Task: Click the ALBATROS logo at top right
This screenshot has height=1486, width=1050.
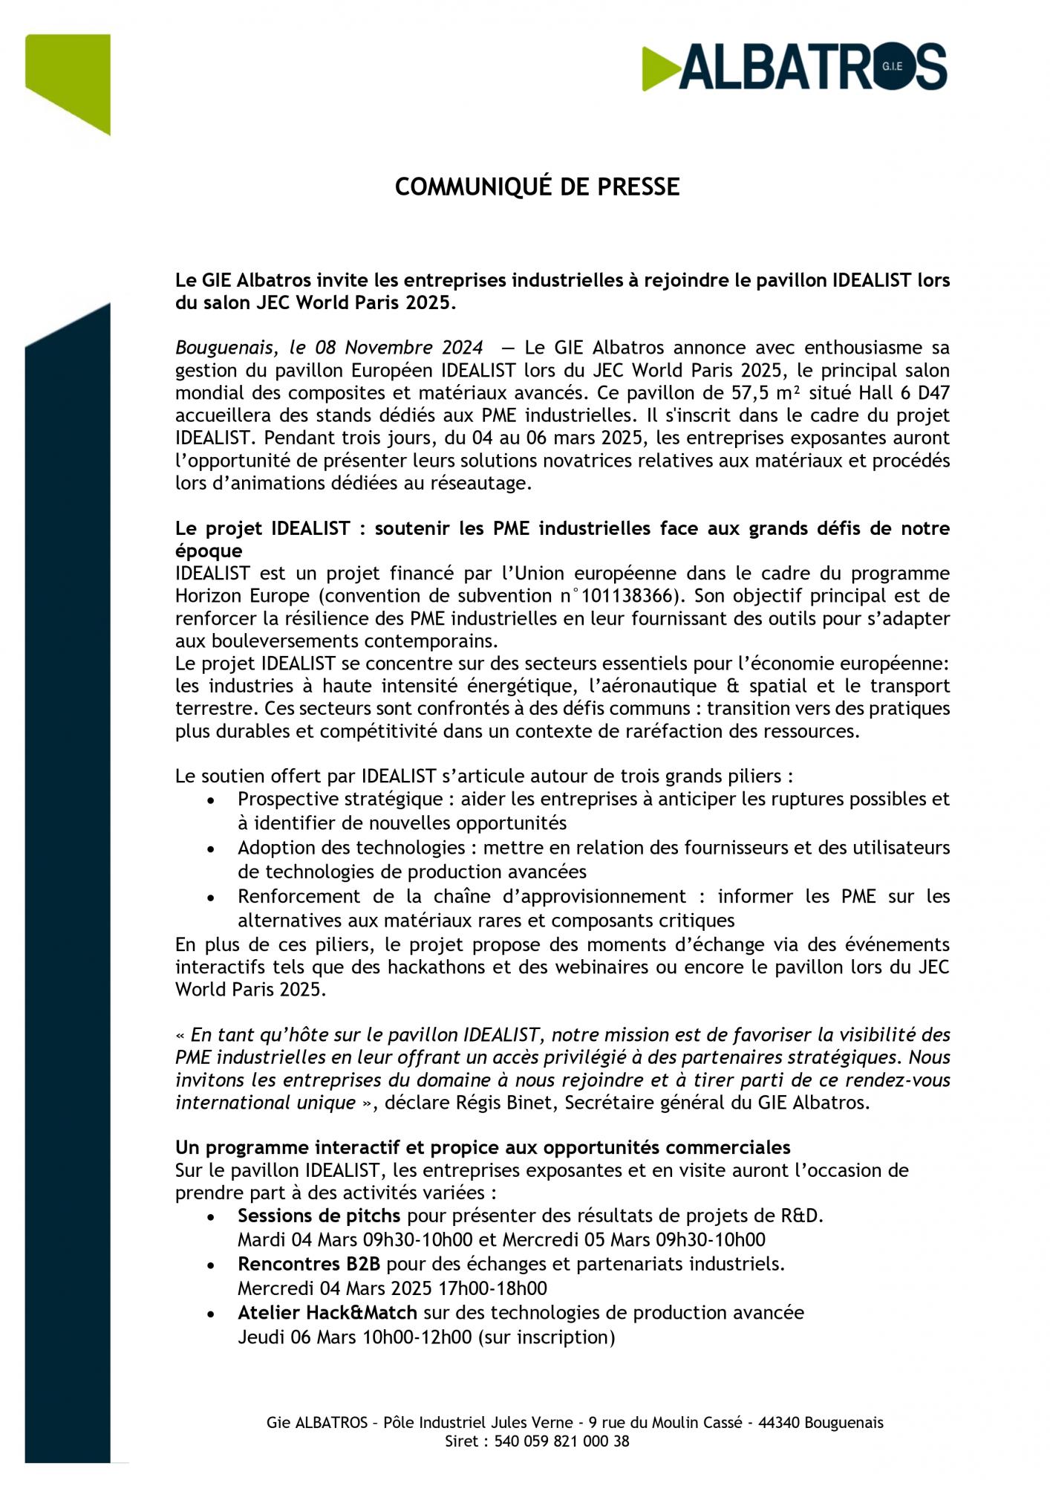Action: (x=795, y=67)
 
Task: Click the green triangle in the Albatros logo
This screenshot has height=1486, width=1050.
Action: (x=659, y=68)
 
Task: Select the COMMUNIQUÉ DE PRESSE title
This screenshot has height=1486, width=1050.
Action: (x=537, y=186)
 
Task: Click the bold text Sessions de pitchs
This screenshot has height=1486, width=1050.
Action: (x=319, y=1216)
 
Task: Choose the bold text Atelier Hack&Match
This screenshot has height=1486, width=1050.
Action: (x=327, y=1313)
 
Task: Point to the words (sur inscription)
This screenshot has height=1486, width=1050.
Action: (x=547, y=1337)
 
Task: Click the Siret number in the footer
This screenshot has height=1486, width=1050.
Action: (x=561, y=1441)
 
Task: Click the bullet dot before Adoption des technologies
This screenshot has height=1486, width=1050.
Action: (x=212, y=849)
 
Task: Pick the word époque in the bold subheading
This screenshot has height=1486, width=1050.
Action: (x=209, y=551)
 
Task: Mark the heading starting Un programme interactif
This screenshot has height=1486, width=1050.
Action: (x=483, y=1147)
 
